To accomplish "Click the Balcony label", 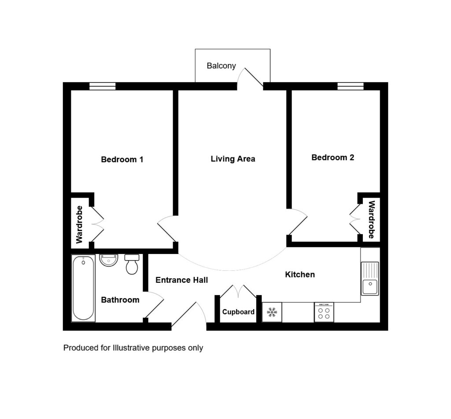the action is [x=221, y=66].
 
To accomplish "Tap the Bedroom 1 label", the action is [x=122, y=160].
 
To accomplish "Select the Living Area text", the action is [x=233, y=159].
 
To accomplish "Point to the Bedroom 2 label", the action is [x=333, y=157].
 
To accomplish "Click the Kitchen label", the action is [x=300, y=274].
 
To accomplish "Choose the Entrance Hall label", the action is [x=182, y=280].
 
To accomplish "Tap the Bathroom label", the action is [x=120, y=300].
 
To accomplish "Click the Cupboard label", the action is [x=238, y=312].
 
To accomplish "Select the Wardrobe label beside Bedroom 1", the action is [x=79, y=224].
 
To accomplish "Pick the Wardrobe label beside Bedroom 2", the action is [x=372, y=220].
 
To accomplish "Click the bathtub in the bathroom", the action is [x=83, y=288].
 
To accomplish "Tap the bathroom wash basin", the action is [x=108, y=260].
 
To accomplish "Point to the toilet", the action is [x=132, y=264].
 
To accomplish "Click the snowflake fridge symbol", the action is [x=272, y=312].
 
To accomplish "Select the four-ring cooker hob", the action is [x=324, y=312].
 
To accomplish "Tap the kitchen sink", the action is [x=370, y=278].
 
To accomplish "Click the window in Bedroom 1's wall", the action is [x=102, y=86].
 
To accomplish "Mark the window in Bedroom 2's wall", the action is [x=350, y=86].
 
